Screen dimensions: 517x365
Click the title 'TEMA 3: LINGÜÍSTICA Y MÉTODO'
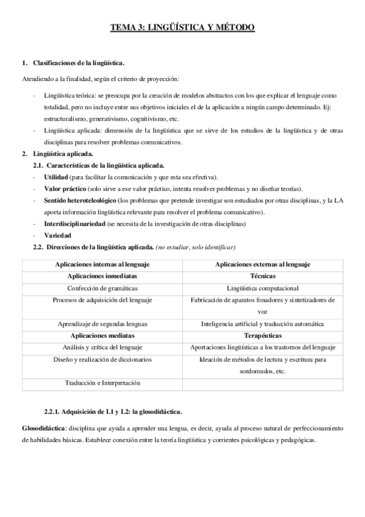[182, 27]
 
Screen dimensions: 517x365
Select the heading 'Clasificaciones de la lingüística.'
[75, 63]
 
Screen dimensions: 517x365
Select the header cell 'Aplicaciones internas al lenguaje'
[102, 264]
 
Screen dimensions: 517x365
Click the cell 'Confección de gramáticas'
[102, 288]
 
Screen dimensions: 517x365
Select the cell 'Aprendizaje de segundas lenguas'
[102, 324]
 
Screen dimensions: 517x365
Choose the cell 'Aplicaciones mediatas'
[102, 335]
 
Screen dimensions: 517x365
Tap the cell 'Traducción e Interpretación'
[102, 383]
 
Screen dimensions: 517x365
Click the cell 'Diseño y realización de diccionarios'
[102, 359]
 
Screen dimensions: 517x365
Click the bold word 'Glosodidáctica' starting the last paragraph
[43, 429]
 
